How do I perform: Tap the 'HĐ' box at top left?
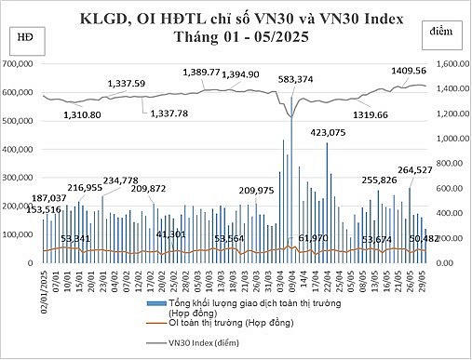[21, 34]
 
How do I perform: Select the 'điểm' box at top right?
[442, 32]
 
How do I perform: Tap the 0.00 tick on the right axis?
[445, 263]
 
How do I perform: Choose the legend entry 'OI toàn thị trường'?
[213, 325]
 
